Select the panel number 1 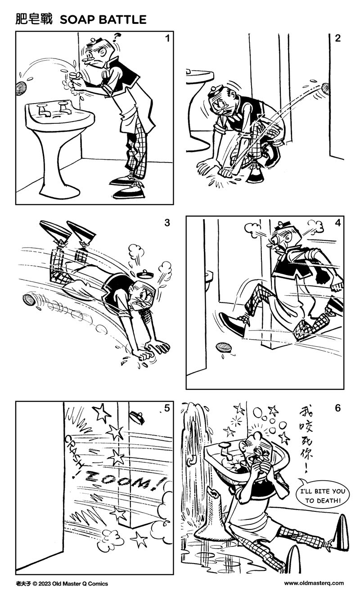(167, 39)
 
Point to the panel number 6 (337, 408)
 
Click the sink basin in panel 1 (59, 114)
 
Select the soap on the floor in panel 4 (224, 348)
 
